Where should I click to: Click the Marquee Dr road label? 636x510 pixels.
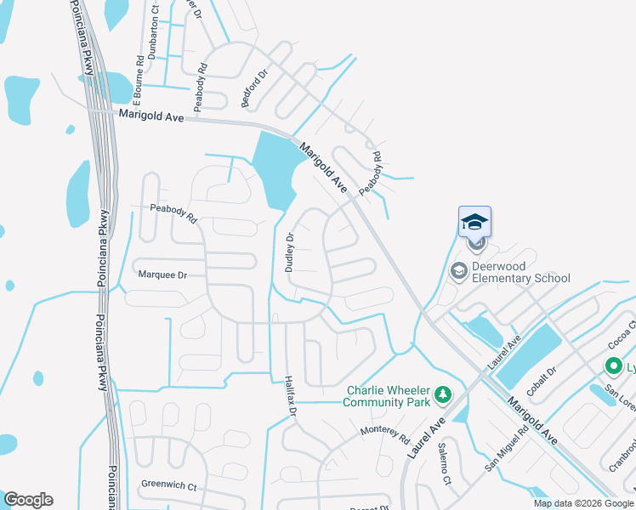point(162,275)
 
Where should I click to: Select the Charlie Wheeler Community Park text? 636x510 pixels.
point(388,396)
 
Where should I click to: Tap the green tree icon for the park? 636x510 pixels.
point(441,394)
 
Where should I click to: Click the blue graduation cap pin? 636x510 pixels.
point(474,223)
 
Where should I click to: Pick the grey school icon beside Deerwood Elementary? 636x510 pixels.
point(459,271)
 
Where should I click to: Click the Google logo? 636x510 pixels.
point(28,500)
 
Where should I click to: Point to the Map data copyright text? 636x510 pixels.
point(583,503)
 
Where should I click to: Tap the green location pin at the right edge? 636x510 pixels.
point(614,367)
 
